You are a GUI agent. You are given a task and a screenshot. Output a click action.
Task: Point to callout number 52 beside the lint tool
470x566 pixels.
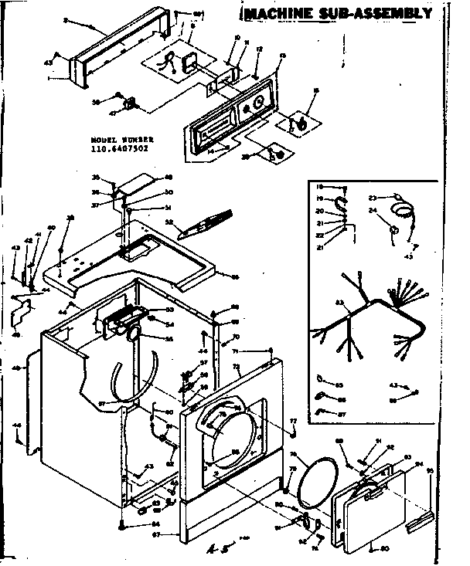click(x=169, y=221)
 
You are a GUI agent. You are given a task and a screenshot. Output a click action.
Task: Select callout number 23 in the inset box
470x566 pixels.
click(x=372, y=197)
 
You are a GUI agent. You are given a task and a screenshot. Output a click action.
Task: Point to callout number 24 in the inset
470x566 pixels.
click(x=372, y=209)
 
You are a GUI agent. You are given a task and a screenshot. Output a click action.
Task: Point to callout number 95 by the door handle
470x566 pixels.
click(x=431, y=469)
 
